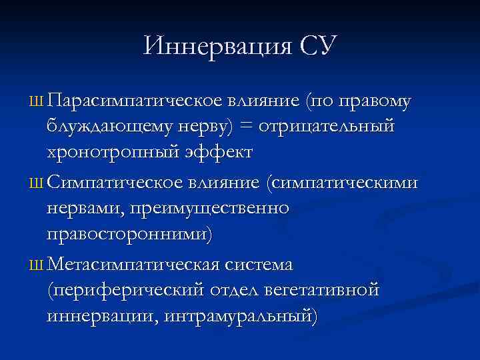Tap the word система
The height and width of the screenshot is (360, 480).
pyautogui.click(x=260, y=265)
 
